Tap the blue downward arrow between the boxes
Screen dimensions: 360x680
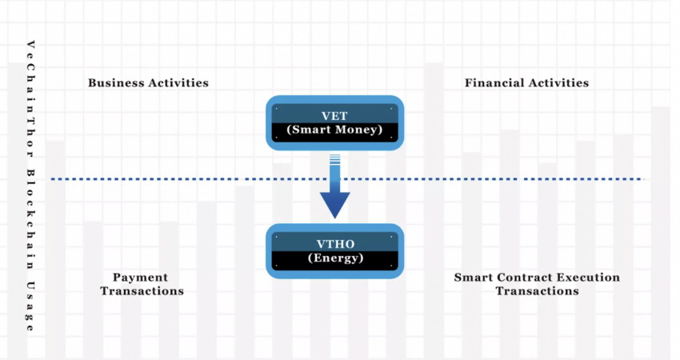334,196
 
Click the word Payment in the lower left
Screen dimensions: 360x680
140,277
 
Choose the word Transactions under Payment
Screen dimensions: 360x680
142,291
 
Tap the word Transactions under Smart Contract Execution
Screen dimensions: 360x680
536,291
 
